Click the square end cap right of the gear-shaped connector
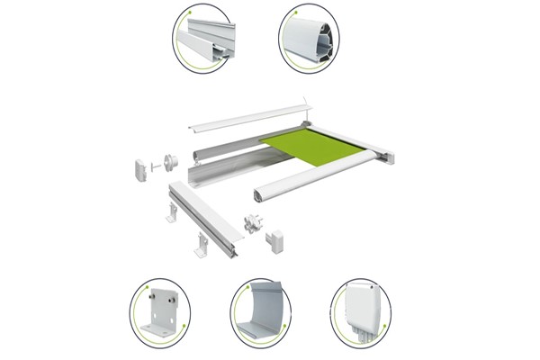pyautogui.click(x=274, y=239)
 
